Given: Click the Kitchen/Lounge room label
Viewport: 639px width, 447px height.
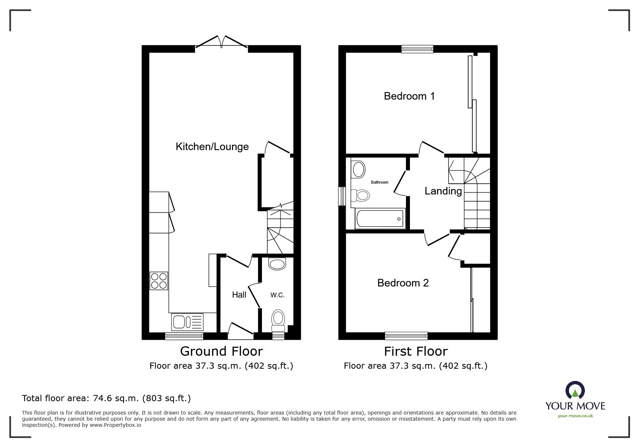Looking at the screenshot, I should pyautogui.click(x=212, y=147).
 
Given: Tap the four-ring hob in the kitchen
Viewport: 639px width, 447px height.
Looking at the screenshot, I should pyautogui.click(x=159, y=281).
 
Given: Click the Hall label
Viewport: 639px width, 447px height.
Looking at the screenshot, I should pyautogui.click(x=239, y=295).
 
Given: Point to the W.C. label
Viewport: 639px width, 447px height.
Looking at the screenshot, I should pyautogui.click(x=277, y=295).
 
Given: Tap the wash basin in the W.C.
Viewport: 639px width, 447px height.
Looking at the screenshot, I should pyautogui.click(x=277, y=264).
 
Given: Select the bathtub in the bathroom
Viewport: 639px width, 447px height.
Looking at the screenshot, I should pyautogui.click(x=380, y=219).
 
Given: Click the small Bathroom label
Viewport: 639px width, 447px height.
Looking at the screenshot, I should pyautogui.click(x=380, y=182).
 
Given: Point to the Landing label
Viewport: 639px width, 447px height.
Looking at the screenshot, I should pyautogui.click(x=443, y=191).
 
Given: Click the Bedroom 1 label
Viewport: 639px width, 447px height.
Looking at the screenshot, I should pyautogui.click(x=409, y=96).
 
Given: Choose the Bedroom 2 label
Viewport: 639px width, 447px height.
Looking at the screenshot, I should pyautogui.click(x=403, y=283).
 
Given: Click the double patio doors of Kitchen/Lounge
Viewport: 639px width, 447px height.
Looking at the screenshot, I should pyautogui.click(x=221, y=43).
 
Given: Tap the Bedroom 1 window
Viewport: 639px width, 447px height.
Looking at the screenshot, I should pyautogui.click(x=417, y=49).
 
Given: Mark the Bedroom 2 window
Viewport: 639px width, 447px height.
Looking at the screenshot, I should pyautogui.click(x=406, y=336).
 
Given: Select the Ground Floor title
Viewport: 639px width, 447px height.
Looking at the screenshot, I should pyautogui.click(x=221, y=351).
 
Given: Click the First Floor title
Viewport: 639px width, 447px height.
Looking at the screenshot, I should pyautogui.click(x=416, y=351).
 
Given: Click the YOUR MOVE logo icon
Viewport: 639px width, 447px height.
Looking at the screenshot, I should pyautogui.click(x=575, y=391).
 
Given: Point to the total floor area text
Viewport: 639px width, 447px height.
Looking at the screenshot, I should pyautogui.click(x=106, y=398).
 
